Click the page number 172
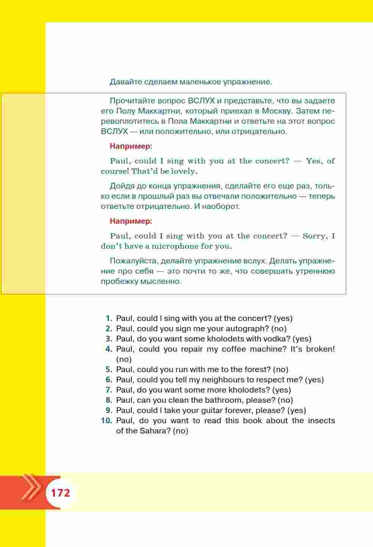(61, 493)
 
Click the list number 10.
(107, 421)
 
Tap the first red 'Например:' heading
(131, 146)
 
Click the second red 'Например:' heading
(131, 221)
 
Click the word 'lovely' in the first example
(184, 171)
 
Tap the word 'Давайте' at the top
(123, 82)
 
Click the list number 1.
(109, 318)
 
